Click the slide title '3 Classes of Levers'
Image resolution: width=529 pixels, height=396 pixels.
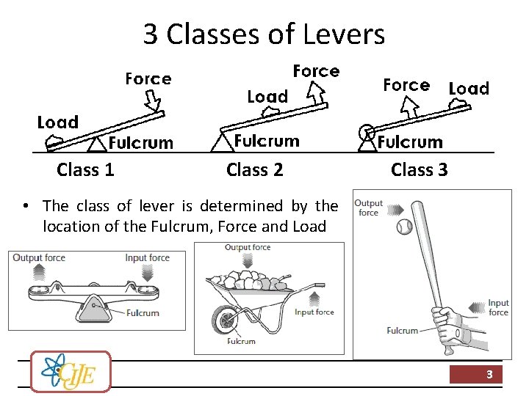point(264,34)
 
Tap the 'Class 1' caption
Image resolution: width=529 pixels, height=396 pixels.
point(85,170)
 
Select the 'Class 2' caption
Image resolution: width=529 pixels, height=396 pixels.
point(254,170)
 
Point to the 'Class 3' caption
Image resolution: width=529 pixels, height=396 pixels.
point(419,170)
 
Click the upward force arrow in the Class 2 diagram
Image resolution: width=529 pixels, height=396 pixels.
point(317,91)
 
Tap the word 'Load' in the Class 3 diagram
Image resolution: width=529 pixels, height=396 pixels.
point(468,89)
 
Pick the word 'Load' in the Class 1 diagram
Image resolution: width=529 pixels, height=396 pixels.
point(58,122)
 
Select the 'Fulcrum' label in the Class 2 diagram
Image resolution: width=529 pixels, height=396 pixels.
point(267,141)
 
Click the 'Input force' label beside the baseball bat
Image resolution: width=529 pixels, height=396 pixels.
point(498,307)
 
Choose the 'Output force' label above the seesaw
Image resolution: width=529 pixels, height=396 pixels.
point(39,257)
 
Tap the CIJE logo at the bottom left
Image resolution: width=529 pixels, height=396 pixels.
point(71,371)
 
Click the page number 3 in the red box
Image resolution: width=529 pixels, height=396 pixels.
point(489,375)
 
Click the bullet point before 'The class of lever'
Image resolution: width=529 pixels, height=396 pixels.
point(26,206)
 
